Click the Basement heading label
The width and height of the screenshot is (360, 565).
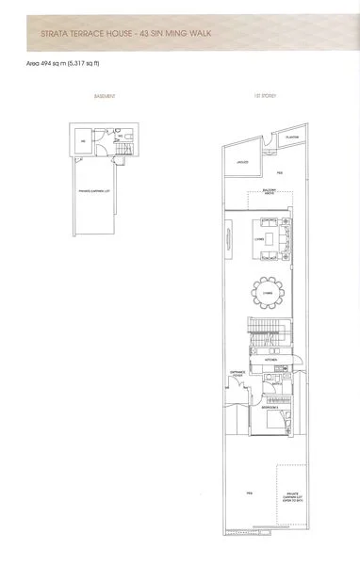coord(105,97)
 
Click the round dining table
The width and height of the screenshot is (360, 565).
coord(270,291)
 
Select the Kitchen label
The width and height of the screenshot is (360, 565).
coord(269,361)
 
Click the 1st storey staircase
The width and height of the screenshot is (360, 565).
coord(260,331)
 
